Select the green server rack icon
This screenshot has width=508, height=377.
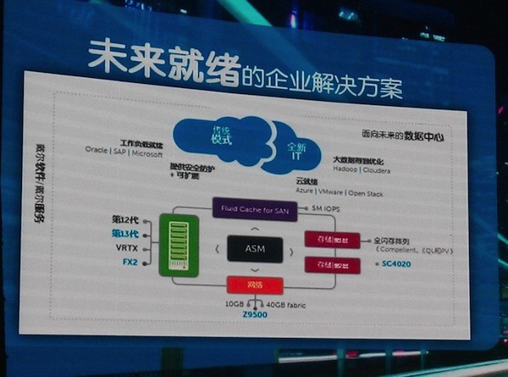pos(178,245)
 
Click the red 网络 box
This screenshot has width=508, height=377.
pos(251,285)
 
